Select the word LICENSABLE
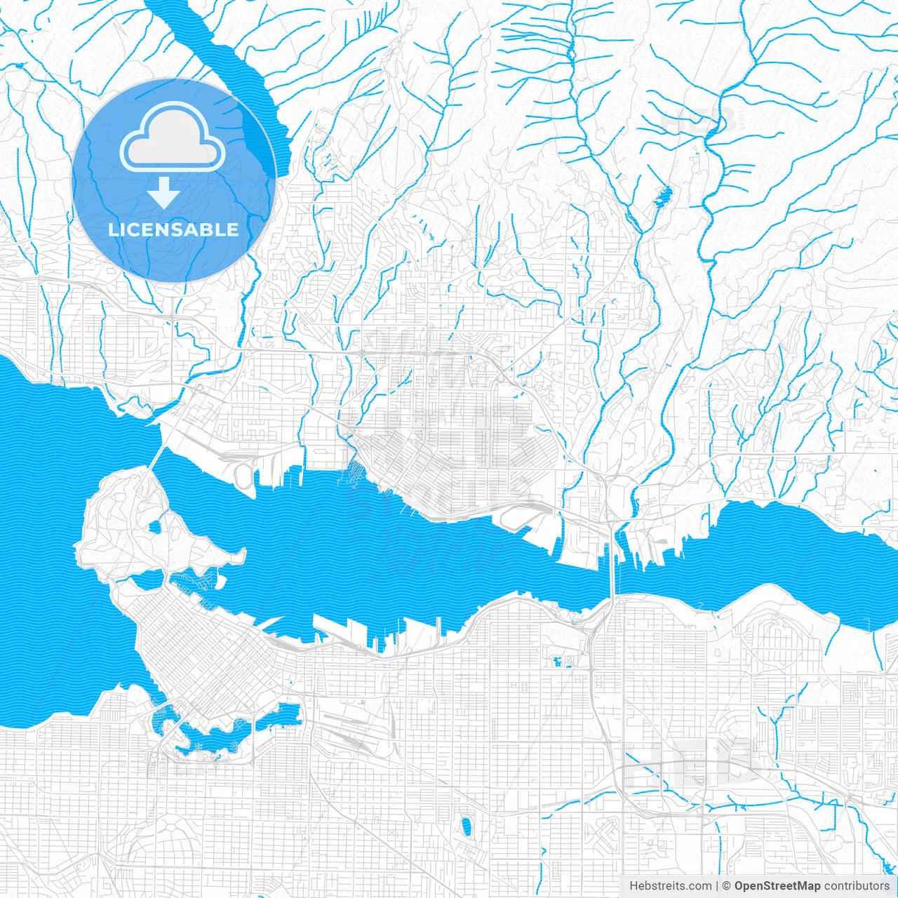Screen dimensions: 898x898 click(x=173, y=229)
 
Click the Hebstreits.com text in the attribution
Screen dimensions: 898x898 click(x=670, y=886)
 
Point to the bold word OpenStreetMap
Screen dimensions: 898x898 click(x=777, y=886)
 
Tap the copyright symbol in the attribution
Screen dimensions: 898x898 click(x=727, y=886)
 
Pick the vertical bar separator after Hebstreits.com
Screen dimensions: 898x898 click(x=717, y=886)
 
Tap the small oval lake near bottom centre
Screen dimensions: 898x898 click(x=464, y=825)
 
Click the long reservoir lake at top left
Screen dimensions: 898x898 click(x=232, y=77)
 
